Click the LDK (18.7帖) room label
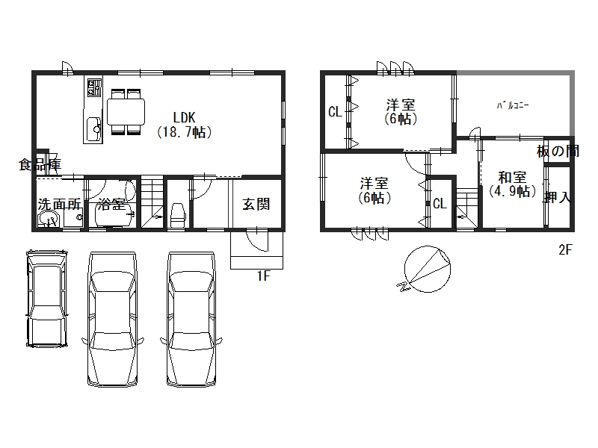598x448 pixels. [x=184, y=124]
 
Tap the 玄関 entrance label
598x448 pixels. [x=256, y=204]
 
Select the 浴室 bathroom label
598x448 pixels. [x=111, y=204]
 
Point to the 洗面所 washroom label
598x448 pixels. [x=60, y=204]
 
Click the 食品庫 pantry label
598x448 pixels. [x=40, y=164]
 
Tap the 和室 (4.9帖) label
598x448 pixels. [x=513, y=184]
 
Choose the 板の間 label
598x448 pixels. [x=558, y=152]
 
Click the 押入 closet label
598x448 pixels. [x=558, y=197]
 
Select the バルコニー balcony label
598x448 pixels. [x=513, y=105]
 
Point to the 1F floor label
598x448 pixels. [x=263, y=276]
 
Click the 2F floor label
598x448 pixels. [x=565, y=250]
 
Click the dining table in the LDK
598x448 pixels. [x=126, y=111]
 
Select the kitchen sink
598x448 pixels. [x=93, y=129]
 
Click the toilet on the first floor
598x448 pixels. [x=178, y=215]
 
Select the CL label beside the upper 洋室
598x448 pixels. [x=335, y=112]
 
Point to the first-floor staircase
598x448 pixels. [x=152, y=202]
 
